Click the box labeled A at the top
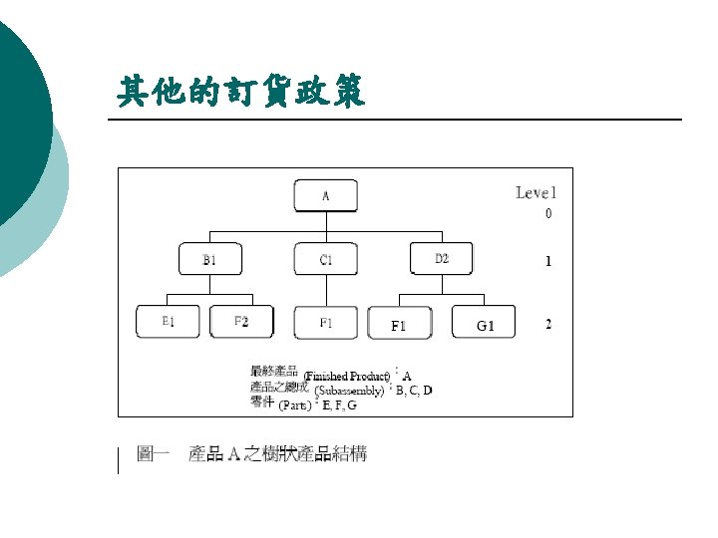pyautogui.click(x=325, y=194)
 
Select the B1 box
pyautogui.click(x=210, y=259)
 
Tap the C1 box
pyautogui.click(x=325, y=259)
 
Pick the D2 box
pyautogui.click(x=442, y=258)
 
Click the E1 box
pyautogui.click(x=169, y=321)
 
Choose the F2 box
pyautogui.click(x=240, y=321)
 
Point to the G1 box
pyautogui.click(x=486, y=324)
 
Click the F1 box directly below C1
pyautogui.click(x=325, y=322)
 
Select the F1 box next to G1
pyautogui.click(x=400, y=324)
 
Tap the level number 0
pyautogui.click(x=547, y=213)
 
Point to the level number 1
pyautogui.click(x=547, y=262)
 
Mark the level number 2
pyautogui.click(x=547, y=324)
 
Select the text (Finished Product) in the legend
pyautogui.click(x=347, y=376)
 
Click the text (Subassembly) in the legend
pyautogui.click(x=348, y=391)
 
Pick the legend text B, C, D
pyautogui.click(x=414, y=390)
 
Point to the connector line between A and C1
pyautogui.click(x=325, y=227)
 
